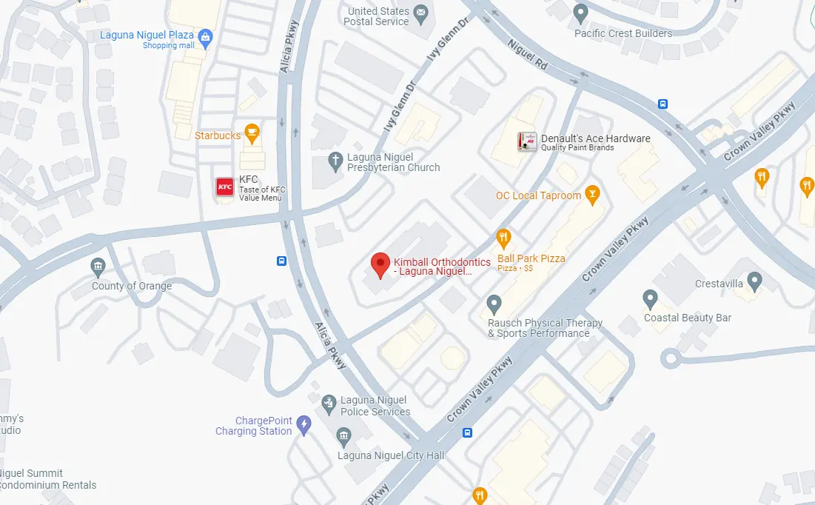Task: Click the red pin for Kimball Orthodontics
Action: click(x=380, y=264)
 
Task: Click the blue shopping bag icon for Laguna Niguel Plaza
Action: click(x=206, y=36)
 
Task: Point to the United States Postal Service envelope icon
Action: click(x=421, y=13)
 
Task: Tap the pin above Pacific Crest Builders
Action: click(x=581, y=13)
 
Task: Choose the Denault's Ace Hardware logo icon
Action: click(x=527, y=141)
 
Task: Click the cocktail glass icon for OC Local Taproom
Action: click(x=591, y=195)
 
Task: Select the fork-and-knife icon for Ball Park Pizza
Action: click(x=503, y=238)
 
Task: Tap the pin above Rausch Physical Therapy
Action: click(x=494, y=304)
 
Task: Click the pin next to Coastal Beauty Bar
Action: click(x=650, y=299)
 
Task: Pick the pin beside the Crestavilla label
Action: click(x=754, y=281)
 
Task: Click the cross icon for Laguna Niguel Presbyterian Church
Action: click(x=335, y=160)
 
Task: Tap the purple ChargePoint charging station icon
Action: click(x=303, y=424)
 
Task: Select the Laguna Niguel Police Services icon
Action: click(x=329, y=404)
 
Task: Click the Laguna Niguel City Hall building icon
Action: click(x=343, y=436)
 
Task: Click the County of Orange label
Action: click(x=132, y=286)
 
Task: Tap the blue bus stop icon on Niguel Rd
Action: click(x=663, y=104)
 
